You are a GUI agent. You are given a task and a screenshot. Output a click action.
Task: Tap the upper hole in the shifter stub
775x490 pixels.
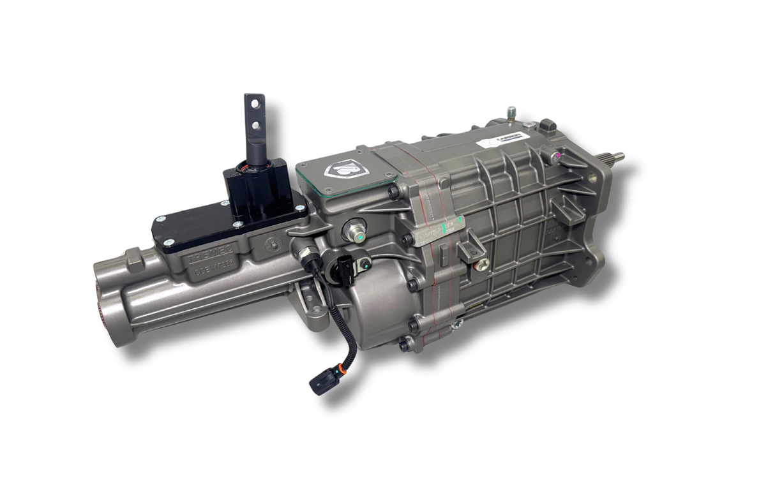click(x=253, y=102)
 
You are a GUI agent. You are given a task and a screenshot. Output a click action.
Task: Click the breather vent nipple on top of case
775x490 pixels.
click(x=511, y=114)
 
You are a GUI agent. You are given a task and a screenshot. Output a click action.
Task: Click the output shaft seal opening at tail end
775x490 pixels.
click(x=102, y=306)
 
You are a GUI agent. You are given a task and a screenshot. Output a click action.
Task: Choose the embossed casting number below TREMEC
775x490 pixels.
click(x=211, y=271)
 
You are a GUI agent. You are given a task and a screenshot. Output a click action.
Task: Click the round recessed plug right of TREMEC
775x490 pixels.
click(x=274, y=242)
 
